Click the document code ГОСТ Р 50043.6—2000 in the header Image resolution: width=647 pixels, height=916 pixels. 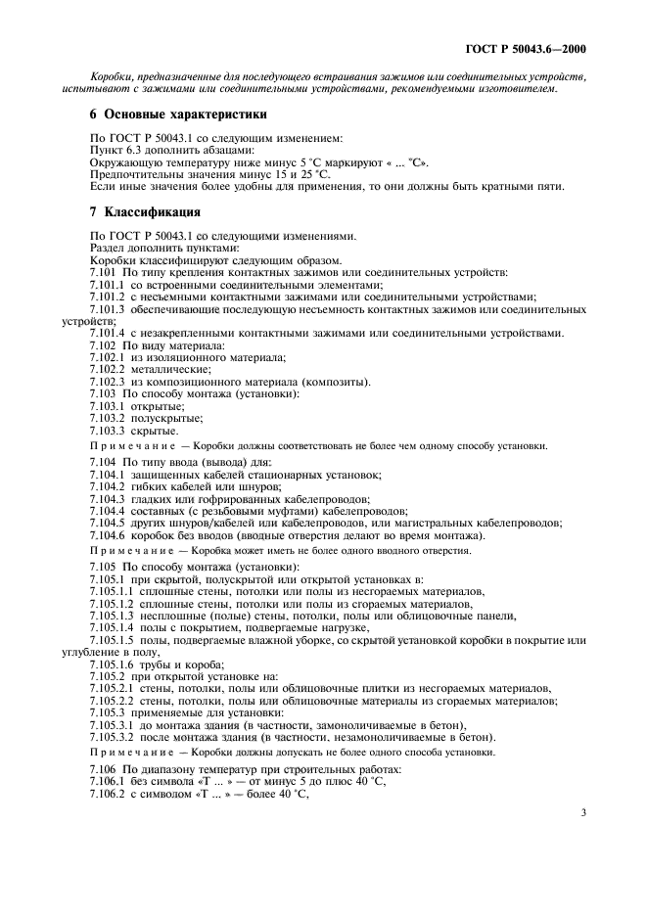(x=530, y=49)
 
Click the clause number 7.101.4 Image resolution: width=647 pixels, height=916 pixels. (x=109, y=333)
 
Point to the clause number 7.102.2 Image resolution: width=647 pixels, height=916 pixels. (x=109, y=370)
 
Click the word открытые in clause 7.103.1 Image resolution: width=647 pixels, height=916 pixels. (x=159, y=406)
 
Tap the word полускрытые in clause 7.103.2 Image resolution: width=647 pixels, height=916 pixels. (x=167, y=419)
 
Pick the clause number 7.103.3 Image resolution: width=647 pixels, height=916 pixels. (x=109, y=431)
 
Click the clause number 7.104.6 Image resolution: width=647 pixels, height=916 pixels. (x=109, y=534)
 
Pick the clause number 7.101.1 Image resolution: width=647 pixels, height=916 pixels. (x=109, y=284)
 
